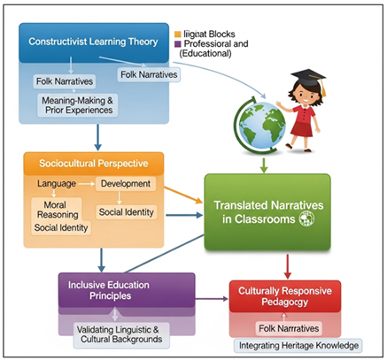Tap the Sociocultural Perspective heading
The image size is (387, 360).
tap(93, 164)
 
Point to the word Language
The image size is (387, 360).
tap(56, 184)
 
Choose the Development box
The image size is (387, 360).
tap(127, 184)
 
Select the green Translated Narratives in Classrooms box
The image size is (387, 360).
tap(267, 213)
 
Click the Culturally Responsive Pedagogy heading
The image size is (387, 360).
tap(284, 296)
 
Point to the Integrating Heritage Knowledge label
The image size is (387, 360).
tap(298, 345)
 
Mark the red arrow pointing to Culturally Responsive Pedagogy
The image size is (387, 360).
tap(285, 263)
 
